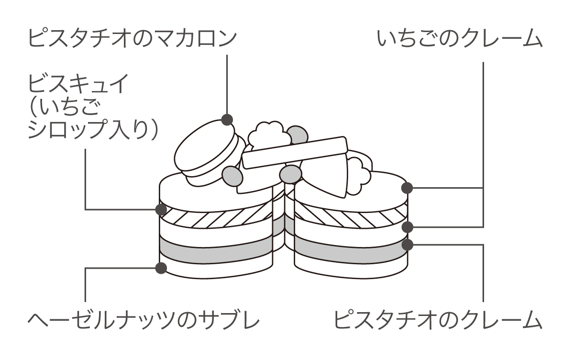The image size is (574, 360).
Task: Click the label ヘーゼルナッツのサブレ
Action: point(143,319)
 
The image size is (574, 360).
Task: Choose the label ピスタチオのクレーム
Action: point(437,319)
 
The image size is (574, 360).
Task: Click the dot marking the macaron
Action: point(227,119)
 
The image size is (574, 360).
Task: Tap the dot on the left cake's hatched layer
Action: point(161,209)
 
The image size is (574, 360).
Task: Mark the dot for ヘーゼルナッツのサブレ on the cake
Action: point(161,268)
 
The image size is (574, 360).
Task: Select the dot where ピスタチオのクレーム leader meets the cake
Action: point(408,245)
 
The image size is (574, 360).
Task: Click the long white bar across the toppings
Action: point(294,152)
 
